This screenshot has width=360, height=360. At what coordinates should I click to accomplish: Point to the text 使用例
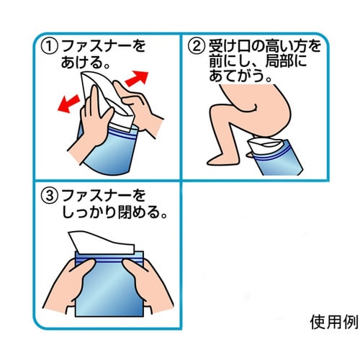click(x=333, y=322)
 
